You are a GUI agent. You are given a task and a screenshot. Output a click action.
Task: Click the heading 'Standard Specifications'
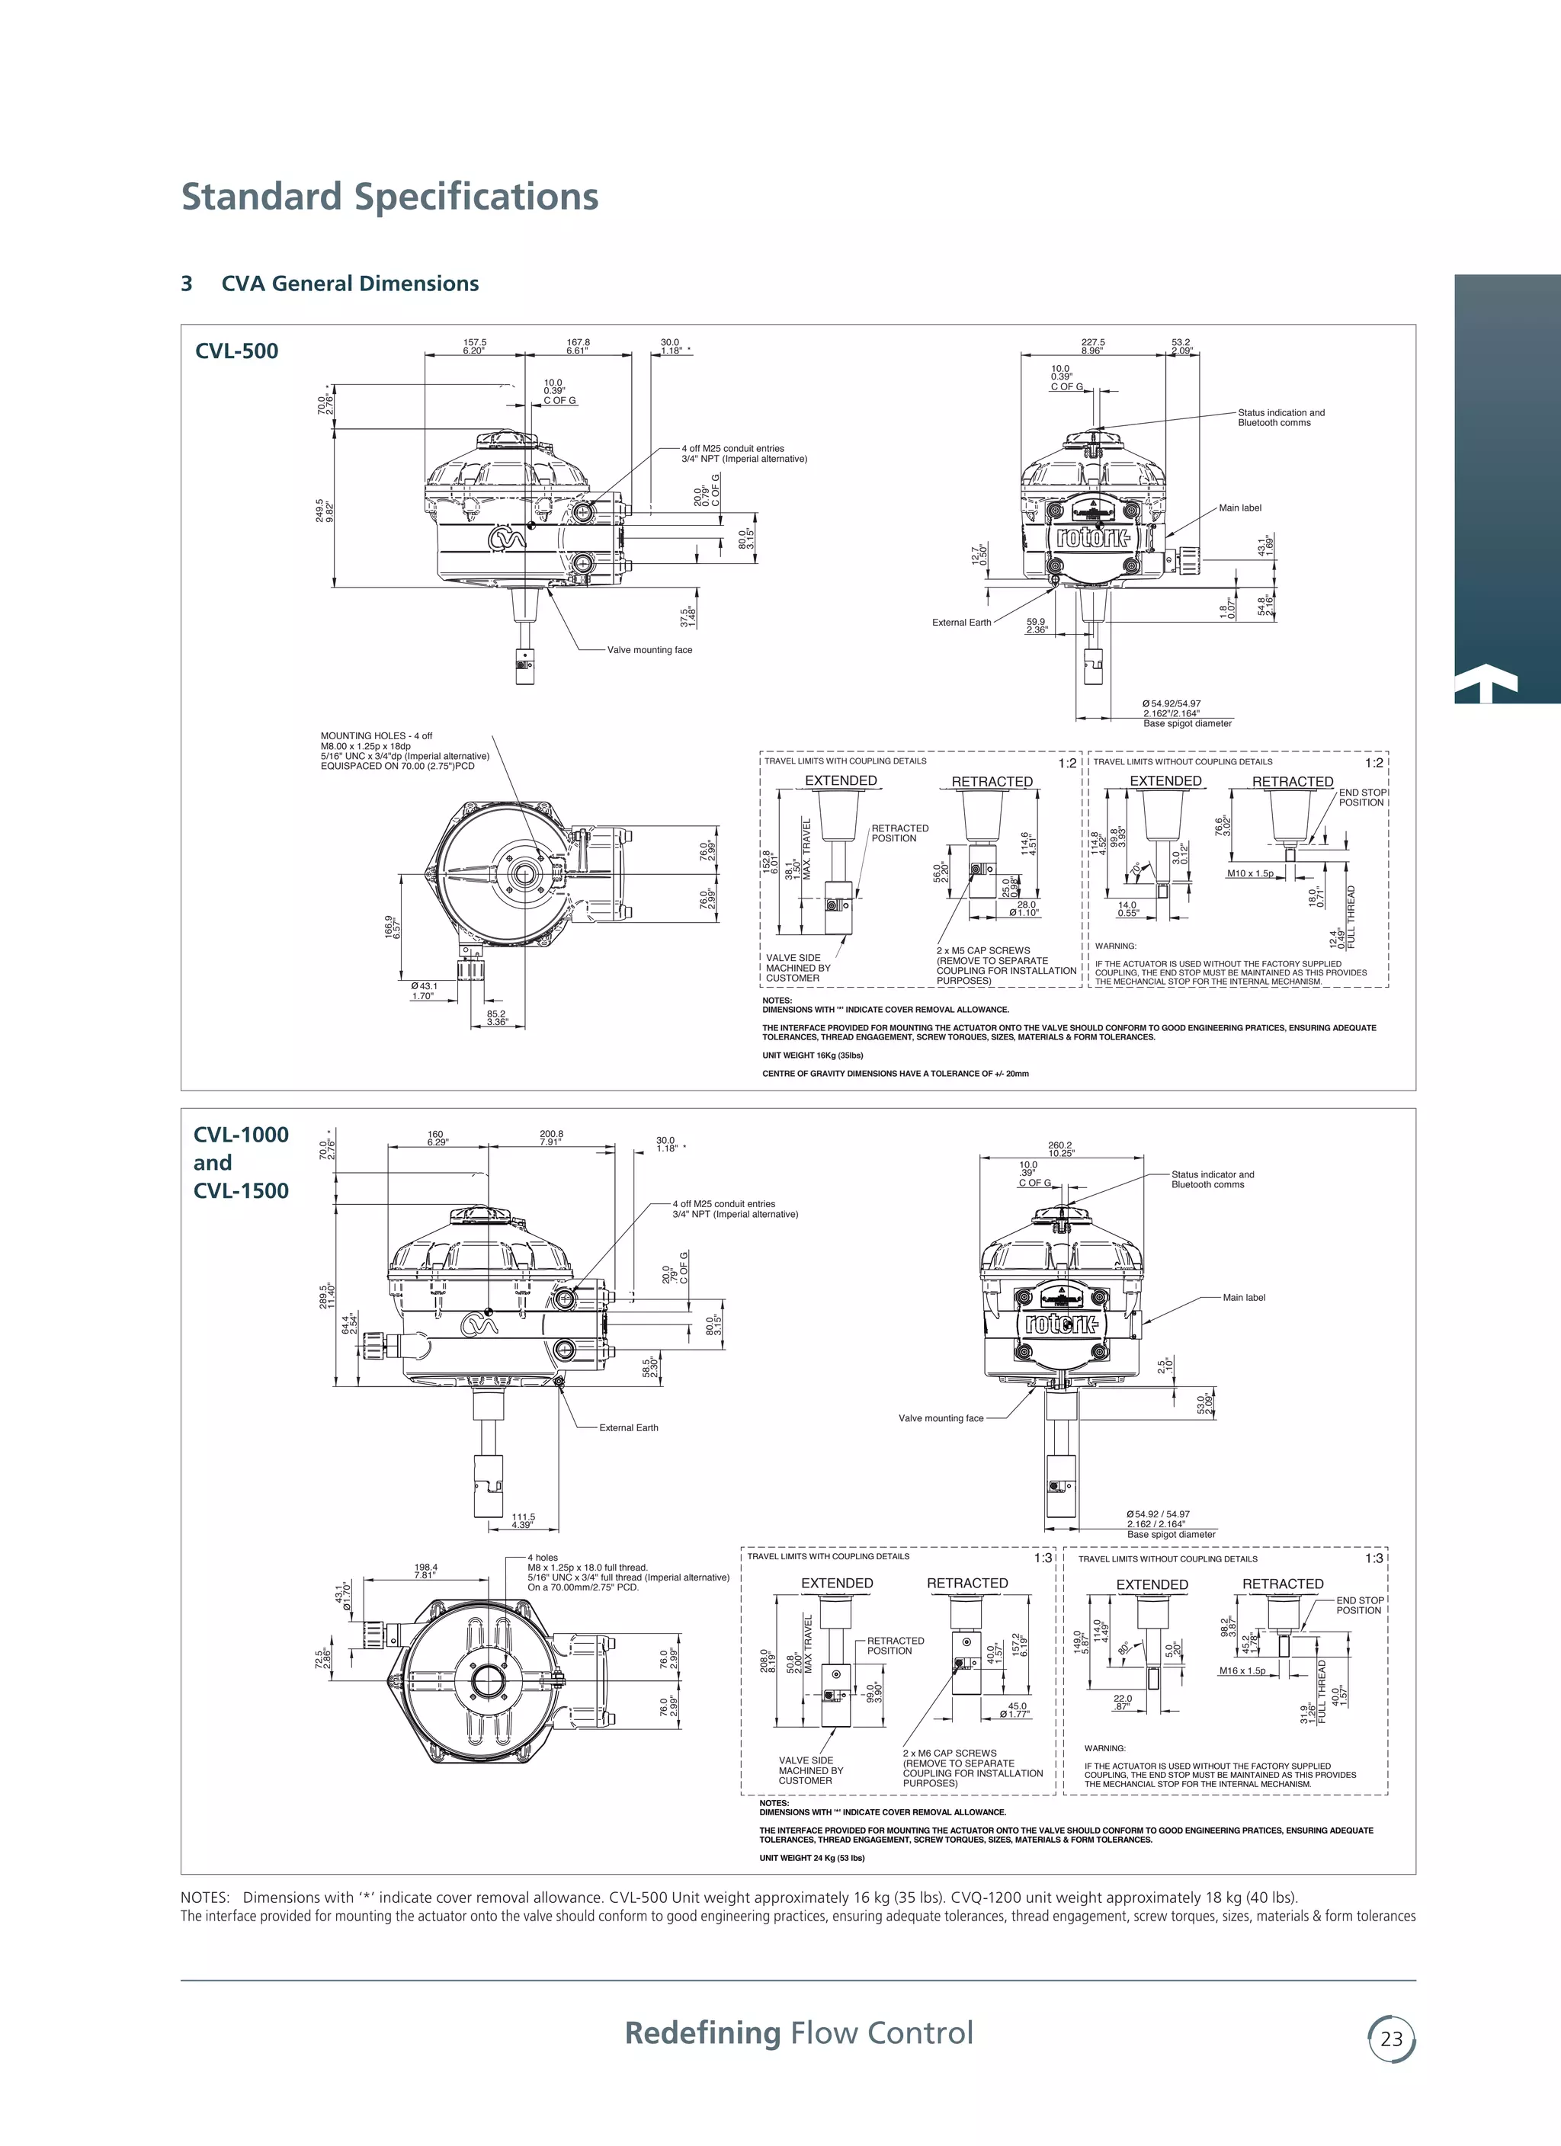pos(389,197)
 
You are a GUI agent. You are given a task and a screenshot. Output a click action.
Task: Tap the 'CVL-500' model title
pos(236,351)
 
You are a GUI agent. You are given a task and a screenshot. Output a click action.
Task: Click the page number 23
pos(1390,2037)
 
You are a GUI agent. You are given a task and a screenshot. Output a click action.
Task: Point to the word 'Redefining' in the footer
pos(701,2032)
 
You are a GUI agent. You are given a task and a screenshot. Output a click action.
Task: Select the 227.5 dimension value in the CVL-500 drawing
pos(1092,342)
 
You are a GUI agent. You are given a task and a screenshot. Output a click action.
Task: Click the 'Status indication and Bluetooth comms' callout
pos(1281,418)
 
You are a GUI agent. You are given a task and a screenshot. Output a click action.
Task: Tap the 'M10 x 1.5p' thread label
pos(1249,873)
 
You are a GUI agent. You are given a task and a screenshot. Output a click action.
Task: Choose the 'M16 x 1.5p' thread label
pos(1242,1697)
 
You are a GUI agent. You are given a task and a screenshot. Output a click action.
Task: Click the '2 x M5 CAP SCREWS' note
pos(983,950)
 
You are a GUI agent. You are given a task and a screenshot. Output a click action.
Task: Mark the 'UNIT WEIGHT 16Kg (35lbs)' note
pos(813,1055)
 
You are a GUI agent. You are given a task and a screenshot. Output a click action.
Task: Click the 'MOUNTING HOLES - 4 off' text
pos(377,735)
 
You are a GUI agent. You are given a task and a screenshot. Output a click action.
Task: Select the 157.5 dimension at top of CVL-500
pos(473,342)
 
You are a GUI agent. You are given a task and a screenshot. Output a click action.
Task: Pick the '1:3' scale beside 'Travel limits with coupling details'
pos(1042,1558)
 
